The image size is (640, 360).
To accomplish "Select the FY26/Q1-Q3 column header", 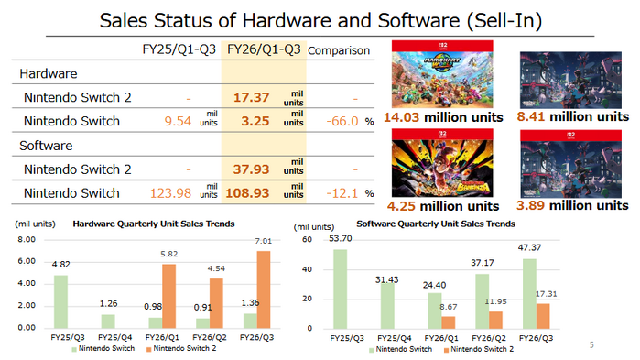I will pos(263,49).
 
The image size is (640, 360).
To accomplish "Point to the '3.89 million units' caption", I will pos(572,206).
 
